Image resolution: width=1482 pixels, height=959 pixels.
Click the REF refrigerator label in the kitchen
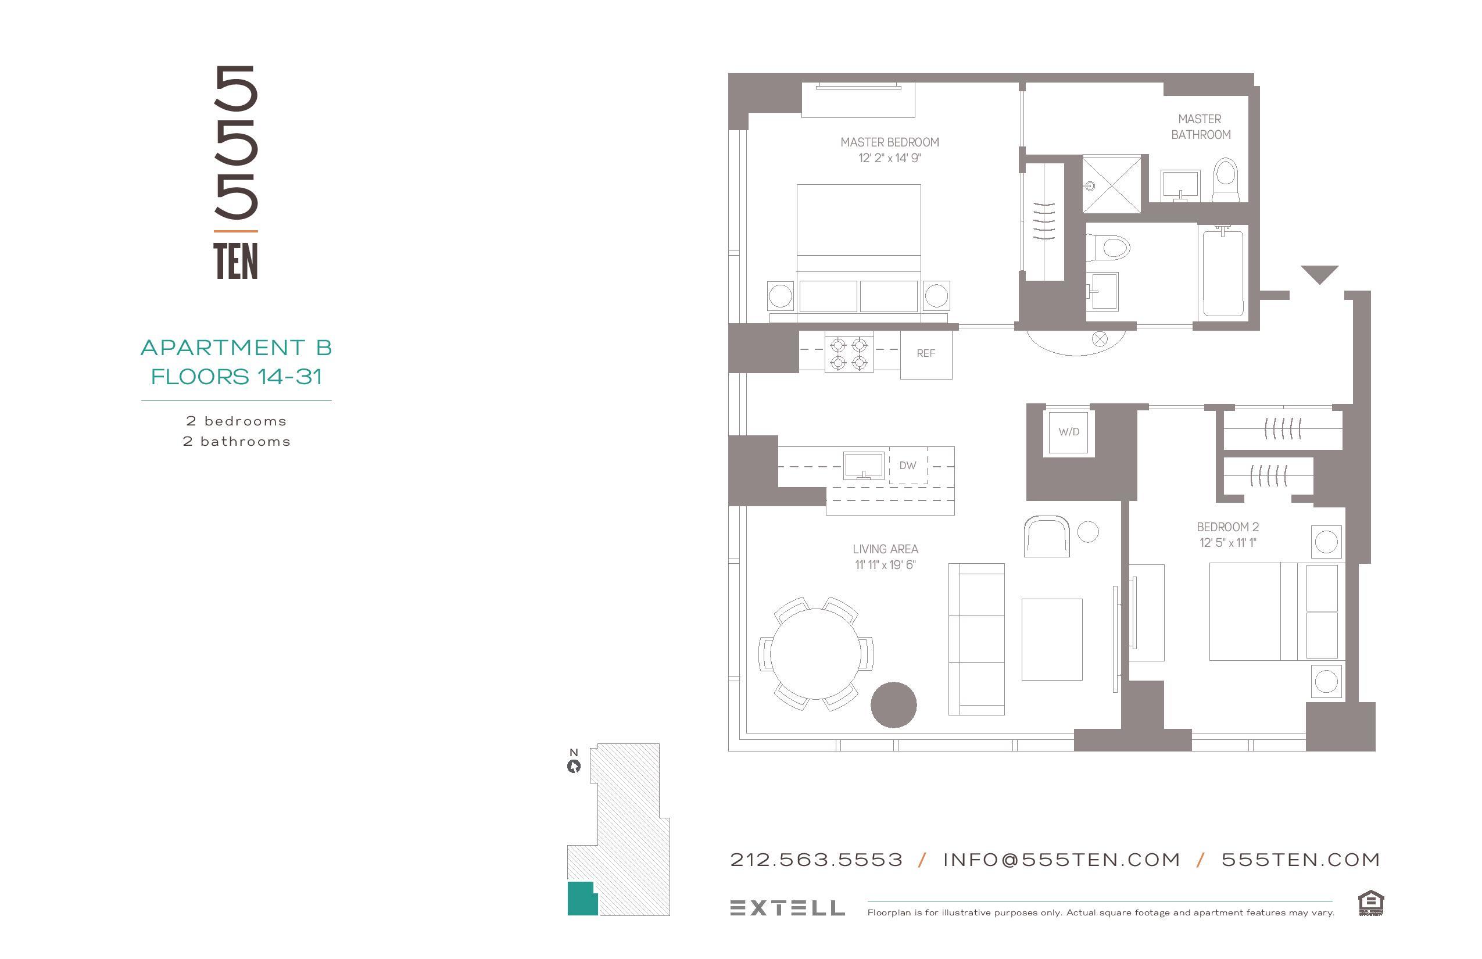click(x=925, y=354)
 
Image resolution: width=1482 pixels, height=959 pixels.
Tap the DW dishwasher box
click(x=907, y=466)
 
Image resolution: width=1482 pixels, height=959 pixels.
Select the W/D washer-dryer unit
click(x=1069, y=431)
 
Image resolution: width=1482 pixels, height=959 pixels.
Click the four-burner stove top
click(x=849, y=354)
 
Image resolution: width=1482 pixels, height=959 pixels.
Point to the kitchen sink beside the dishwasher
click(x=863, y=465)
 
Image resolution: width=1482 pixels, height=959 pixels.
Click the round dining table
click(x=816, y=654)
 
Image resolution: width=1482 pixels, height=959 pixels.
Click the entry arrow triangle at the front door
click(x=1319, y=273)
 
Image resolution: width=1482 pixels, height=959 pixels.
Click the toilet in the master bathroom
click(x=1226, y=180)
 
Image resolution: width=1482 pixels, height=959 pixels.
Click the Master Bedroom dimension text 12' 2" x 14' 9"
click(x=889, y=158)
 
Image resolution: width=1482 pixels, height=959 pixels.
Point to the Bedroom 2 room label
click(x=1227, y=527)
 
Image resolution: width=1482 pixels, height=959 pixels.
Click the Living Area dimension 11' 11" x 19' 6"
click(x=885, y=565)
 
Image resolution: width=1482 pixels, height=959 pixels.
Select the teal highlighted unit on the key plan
click(x=581, y=899)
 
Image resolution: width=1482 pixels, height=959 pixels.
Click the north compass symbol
click(x=574, y=766)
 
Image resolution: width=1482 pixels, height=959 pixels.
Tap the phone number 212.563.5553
click(x=816, y=860)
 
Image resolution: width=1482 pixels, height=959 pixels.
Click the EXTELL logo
click(x=787, y=908)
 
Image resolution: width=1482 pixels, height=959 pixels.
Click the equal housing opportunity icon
click(x=1370, y=903)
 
